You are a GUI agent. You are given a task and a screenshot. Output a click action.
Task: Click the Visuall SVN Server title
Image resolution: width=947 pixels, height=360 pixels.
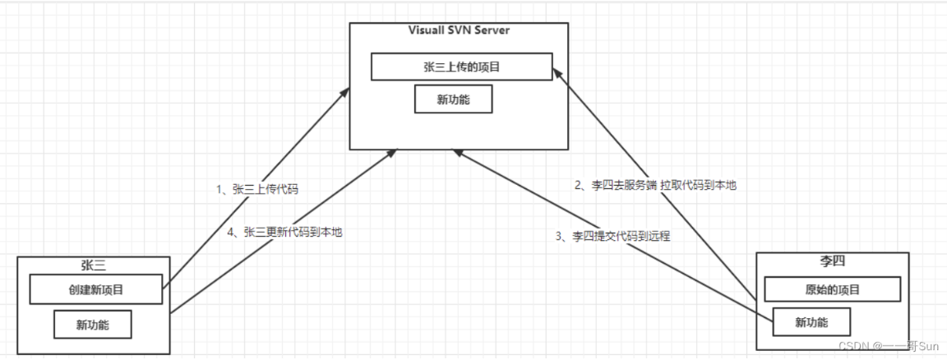pos(459,30)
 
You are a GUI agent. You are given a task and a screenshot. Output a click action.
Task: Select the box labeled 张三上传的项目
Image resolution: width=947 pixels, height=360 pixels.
pos(461,67)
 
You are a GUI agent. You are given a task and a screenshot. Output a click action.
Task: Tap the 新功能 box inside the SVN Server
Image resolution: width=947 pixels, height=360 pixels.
pos(453,99)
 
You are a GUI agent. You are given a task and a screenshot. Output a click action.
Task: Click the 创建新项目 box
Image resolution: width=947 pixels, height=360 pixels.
pos(96,289)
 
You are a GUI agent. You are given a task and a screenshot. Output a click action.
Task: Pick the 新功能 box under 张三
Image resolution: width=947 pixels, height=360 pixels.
pos(92,325)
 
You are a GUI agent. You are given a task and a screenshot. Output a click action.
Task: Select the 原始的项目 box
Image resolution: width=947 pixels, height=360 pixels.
pos(833,289)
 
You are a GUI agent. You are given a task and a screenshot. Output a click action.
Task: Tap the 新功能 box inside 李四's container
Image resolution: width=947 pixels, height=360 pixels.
pos(811,322)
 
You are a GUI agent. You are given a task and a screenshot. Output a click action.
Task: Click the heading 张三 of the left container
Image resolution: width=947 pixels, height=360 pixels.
pos(93,265)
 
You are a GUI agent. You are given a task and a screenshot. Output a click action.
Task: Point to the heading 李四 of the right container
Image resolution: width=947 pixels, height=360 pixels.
pos(832,261)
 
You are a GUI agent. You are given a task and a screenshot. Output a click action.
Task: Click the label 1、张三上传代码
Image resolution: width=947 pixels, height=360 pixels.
pos(257,189)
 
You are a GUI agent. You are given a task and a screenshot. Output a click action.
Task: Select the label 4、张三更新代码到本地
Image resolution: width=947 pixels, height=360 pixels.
pos(285,231)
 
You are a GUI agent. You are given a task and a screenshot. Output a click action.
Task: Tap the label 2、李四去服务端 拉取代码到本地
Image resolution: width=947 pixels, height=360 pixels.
pos(655,186)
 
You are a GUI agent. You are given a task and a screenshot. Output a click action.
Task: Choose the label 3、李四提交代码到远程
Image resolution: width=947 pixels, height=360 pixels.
pos(612,236)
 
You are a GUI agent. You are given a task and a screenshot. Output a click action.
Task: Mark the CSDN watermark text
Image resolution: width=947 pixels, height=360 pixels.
pos(889,346)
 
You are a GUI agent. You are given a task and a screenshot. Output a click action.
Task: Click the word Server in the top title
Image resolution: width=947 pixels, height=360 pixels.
pos(493,30)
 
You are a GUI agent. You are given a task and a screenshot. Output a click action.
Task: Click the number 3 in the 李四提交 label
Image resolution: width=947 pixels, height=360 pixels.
pos(559,236)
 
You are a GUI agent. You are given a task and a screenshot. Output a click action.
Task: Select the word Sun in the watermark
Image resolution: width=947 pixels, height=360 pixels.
pos(930,346)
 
